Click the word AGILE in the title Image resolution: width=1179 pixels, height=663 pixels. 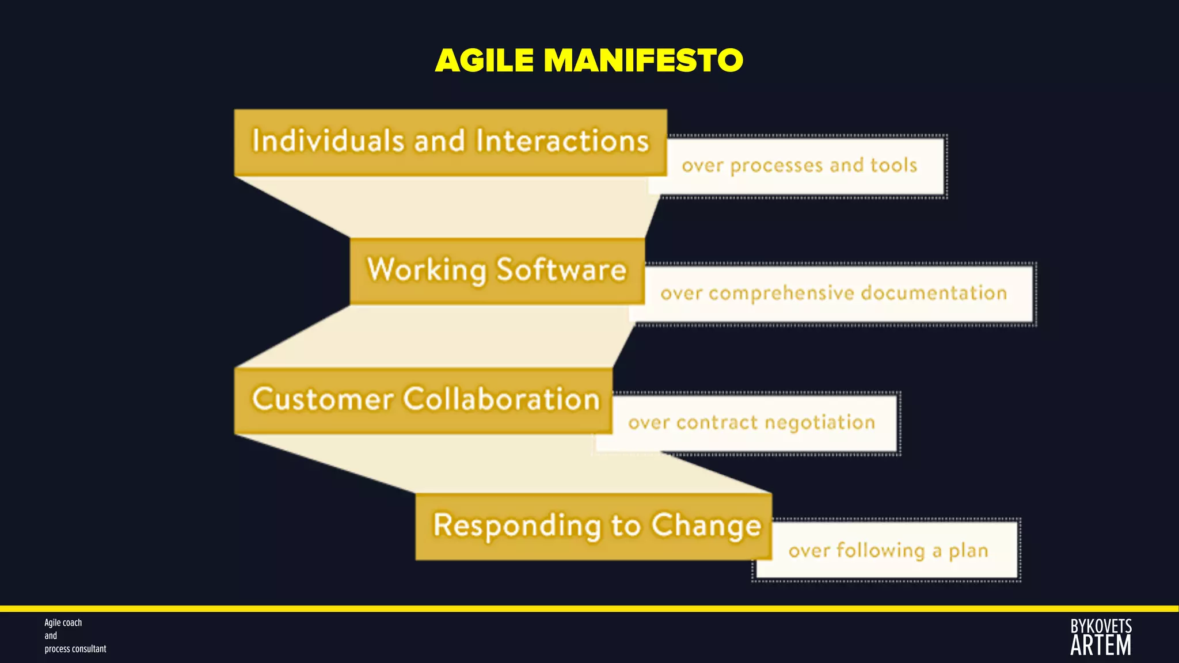point(484,60)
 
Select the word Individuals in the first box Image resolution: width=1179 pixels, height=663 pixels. point(328,141)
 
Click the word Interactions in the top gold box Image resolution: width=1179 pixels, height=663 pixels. point(562,141)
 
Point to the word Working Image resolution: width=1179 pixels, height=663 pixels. point(427,270)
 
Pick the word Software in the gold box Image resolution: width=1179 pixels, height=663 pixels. point(561,269)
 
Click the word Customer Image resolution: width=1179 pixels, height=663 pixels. point(322,399)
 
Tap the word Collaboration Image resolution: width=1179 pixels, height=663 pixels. point(501,399)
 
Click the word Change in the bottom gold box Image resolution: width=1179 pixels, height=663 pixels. point(706,526)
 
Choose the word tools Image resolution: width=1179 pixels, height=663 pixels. point(893,165)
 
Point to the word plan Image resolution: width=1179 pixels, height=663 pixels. point(968,551)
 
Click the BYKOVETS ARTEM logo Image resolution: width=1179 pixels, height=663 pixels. point(1101,637)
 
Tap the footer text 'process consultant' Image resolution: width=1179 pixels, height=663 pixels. point(75,649)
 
